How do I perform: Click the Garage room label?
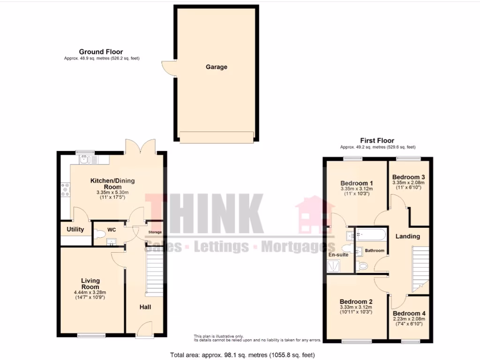216,67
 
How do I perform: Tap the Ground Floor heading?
101,52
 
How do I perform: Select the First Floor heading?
377,140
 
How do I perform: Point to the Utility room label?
75,229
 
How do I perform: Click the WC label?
112,230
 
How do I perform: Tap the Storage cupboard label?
155,232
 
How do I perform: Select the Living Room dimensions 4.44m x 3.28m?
90,293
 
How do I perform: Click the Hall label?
145,307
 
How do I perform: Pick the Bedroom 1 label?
357,183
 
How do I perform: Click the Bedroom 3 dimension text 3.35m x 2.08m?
409,182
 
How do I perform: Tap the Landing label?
407,236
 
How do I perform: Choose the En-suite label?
338,255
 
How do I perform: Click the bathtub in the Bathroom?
370,235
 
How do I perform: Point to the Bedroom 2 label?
356,301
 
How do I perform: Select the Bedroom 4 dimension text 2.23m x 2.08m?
409,319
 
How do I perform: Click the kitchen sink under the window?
84,160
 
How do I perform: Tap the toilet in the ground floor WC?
99,234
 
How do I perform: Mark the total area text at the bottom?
242,355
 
